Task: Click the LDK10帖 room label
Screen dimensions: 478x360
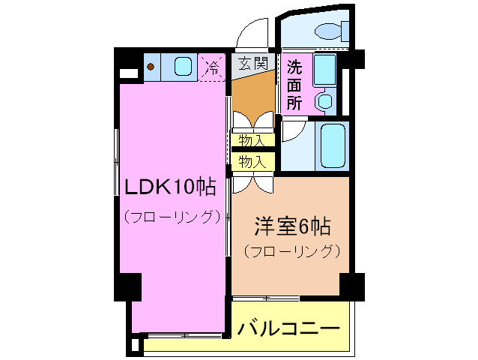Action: coord(170,187)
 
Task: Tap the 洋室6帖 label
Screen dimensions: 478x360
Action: coord(293,226)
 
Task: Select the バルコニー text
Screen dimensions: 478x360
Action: coord(288,328)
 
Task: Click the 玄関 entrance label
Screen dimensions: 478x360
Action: coord(253,64)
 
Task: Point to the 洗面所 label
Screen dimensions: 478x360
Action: coord(294,85)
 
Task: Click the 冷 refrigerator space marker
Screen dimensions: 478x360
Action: coord(212,67)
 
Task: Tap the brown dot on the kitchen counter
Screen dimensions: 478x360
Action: coord(151,67)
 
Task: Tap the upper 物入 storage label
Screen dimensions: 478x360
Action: coord(252,141)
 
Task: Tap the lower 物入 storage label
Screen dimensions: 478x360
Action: coord(252,161)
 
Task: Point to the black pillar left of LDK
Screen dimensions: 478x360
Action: coord(127,286)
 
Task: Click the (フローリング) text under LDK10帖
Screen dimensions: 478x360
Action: coord(172,217)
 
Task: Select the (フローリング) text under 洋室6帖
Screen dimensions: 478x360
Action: coord(291,251)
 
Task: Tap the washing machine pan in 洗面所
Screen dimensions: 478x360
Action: coord(324,69)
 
